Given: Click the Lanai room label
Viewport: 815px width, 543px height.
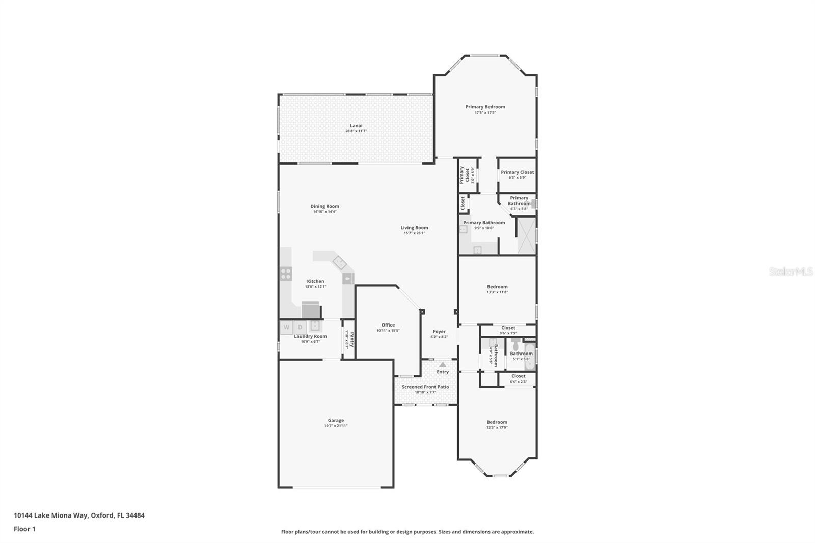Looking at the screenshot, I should [x=356, y=126].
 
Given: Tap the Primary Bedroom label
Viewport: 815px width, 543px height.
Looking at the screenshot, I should [x=485, y=107].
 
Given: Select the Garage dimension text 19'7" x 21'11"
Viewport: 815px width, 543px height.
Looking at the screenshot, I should [x=336, y=426].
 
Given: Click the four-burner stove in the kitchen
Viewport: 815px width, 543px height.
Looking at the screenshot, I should [x=286, y=274].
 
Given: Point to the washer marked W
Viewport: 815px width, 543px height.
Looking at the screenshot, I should [x=286, y=327].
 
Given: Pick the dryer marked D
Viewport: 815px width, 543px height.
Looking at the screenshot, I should [x=300, y=327].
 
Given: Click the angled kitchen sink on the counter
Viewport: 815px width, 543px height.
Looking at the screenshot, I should [x=340, y=263].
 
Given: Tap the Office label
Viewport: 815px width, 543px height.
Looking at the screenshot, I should [x=388, y=325].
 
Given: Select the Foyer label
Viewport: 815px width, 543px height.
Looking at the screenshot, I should [x=439, y=332].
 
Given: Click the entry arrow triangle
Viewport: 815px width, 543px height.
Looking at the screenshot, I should [x=443, y=364].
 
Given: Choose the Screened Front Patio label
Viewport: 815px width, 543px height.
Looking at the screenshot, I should [x=425, y=387].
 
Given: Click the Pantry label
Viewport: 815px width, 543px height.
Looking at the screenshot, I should [x=351, y=338].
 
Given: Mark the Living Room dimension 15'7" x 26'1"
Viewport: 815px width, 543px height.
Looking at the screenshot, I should [x=414, y=233].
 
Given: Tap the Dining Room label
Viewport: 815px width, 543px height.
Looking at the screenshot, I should [x=324, y=206].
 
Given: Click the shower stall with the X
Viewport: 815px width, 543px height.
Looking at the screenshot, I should [x=527, y=235].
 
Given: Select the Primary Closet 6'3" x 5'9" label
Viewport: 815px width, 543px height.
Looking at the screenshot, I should [x=517, y=172].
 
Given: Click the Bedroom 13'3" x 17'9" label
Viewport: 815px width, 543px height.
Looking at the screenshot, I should [x=497, y=422].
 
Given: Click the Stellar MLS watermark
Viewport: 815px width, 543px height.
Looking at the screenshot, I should [x=791, y=272].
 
